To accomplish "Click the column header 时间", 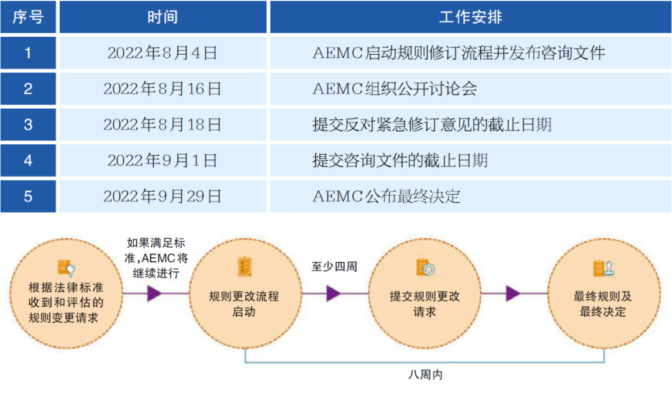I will click(162, 17).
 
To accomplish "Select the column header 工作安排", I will click(470, 17).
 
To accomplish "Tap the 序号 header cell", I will click(28, 17).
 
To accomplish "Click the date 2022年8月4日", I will click(162, 53).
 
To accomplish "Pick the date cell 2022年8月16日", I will click(162, 89).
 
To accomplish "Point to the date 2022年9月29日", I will click(162, 196).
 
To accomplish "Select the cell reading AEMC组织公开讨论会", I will click(394, 89).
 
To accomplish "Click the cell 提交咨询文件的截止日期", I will click(399, 160).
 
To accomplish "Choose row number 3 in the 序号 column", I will click(28, 124).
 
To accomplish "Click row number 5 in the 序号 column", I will click(28, 196).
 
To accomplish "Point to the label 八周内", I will click(426, 376).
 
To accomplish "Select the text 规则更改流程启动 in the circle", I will click(244, 304).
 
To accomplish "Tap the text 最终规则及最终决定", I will click(602, 304).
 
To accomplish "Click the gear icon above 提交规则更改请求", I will click(426, 268).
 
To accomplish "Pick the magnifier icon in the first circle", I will click(67, 267).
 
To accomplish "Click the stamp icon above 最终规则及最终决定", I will click(602, 268).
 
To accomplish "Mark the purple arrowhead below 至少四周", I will click(334, 294).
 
